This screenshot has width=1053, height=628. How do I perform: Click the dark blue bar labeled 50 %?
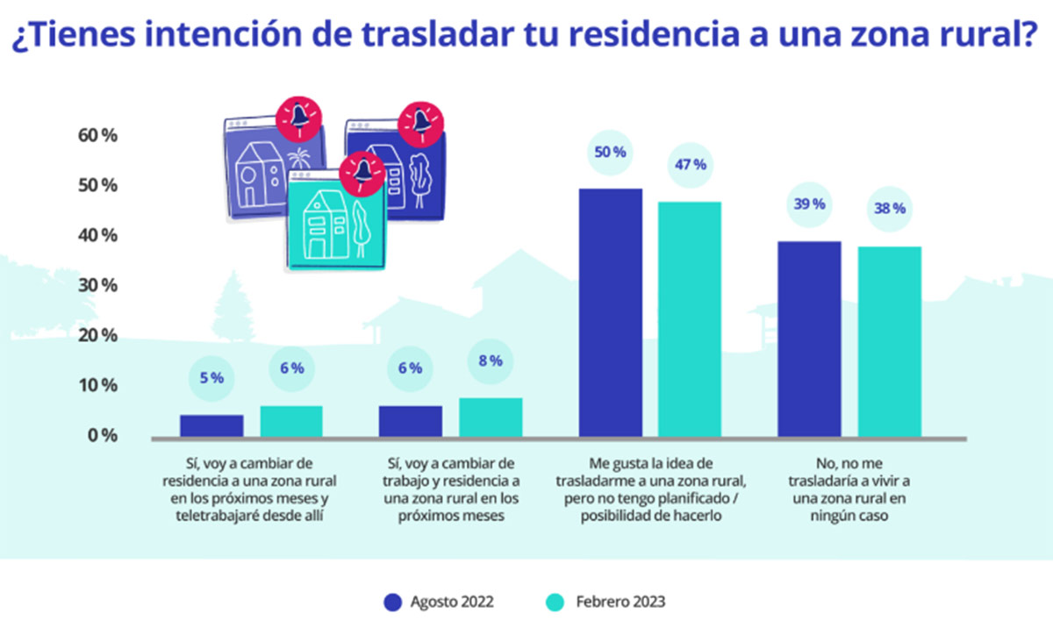610,312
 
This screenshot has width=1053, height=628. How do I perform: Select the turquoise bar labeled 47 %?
690,319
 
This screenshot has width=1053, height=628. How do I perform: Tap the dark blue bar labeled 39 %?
809,339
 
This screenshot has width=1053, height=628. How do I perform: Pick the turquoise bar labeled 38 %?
889,341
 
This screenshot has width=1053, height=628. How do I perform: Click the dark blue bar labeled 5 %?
211,425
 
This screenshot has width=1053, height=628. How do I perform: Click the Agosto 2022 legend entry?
439,602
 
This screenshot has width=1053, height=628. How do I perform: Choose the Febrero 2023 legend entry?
605,602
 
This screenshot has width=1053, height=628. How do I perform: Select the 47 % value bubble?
690,165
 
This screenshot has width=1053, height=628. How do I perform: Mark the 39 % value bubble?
809,203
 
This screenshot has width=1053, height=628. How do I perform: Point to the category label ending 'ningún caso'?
849,489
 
